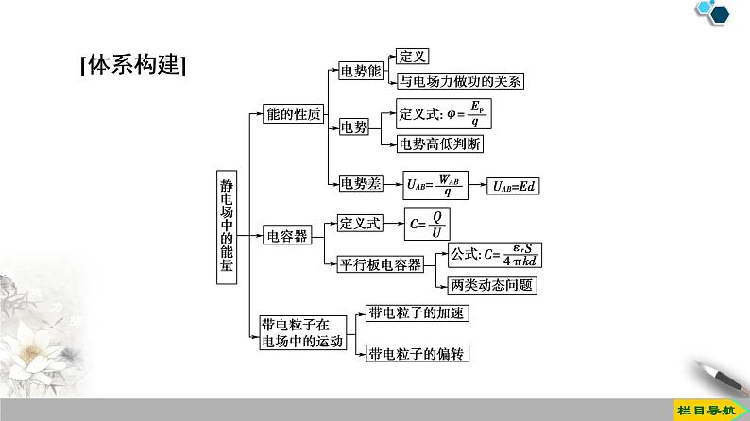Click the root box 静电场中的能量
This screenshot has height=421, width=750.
(227, 227)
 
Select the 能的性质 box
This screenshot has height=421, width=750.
(293, 113)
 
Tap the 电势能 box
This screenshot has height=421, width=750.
(361, 71)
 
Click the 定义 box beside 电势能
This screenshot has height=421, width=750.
(412, 57)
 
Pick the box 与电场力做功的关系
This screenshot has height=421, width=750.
(460, 81)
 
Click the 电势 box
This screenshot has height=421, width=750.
(354, 127)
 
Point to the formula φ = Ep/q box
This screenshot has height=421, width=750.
(443, 113)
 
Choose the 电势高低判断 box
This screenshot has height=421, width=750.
(439, 143)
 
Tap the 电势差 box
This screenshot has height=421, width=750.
(361, 183)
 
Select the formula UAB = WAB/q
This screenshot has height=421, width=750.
(435, 185)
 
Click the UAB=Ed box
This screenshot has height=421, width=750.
(513, 186)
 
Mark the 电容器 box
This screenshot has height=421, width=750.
(287, 236)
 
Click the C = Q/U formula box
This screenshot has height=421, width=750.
(427, 224)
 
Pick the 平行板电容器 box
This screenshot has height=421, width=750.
(381, 264)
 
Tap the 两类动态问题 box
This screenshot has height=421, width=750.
(492, 285)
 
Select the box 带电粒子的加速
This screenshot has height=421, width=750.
(417, 313)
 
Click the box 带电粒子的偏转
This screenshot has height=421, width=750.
(418, 354)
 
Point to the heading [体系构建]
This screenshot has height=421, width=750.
(133, 64)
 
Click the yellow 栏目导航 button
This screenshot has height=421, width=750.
(707, 410)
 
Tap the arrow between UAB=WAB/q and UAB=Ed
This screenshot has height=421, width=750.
(477, 185)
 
